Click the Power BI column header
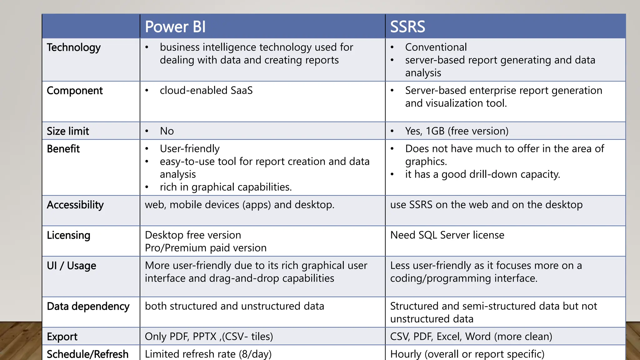click(x=175, y=27)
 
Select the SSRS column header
click(x=407, y=27)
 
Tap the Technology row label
click(x=74, y=47)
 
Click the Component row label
click(x=75, y=91)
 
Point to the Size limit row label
click(x=68, y=131)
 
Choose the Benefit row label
click(x=63, y=149)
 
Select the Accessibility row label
click(x=75, y=205)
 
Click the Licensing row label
click(x=68, y=235)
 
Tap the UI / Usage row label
click(x=72, y=266)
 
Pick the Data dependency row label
click(x=88, y=306)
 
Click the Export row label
click(x=62, y=337)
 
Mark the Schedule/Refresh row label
click(x=87, y=354)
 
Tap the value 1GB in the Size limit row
click(x=435, y=131)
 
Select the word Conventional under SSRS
click(x=436, y=47)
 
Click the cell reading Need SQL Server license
click(x=447, y=235)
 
